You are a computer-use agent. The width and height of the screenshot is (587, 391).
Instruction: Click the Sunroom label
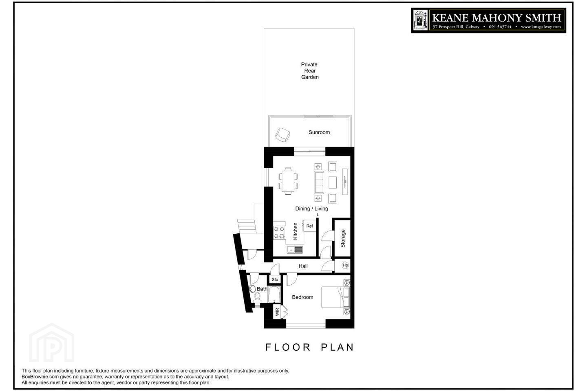pos(319,132)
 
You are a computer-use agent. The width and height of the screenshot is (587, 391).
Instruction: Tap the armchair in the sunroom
pos(282,135)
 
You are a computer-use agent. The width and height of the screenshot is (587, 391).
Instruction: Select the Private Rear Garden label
pos(309,71)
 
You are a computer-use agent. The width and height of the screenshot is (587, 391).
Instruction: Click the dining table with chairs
pos(288,181)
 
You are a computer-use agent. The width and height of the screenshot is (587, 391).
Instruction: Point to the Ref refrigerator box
pos(309,226)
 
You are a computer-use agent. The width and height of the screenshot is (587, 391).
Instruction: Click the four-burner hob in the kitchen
pos(279,233)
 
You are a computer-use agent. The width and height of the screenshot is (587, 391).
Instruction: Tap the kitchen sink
pos(295,250)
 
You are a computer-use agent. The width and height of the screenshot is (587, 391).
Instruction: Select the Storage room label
pos(343,238)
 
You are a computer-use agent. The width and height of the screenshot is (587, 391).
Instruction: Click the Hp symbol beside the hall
pos(345,265)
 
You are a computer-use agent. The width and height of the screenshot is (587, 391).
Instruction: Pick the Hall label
pos(303,266)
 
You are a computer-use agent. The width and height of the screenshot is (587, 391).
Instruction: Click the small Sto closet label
pos(275,280)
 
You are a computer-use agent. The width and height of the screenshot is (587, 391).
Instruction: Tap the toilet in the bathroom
pos(257,298)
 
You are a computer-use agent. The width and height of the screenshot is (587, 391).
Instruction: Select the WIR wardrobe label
pos(277,312)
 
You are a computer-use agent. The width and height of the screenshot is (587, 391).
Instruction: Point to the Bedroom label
pos(302,297)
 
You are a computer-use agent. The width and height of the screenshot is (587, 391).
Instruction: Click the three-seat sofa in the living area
pos(319,182)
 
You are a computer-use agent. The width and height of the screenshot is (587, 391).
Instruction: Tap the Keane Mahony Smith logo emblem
pos(420,20)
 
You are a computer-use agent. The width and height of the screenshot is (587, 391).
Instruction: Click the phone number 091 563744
pos(500,27)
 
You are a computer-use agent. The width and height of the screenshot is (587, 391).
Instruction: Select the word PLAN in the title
pos(337,347)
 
